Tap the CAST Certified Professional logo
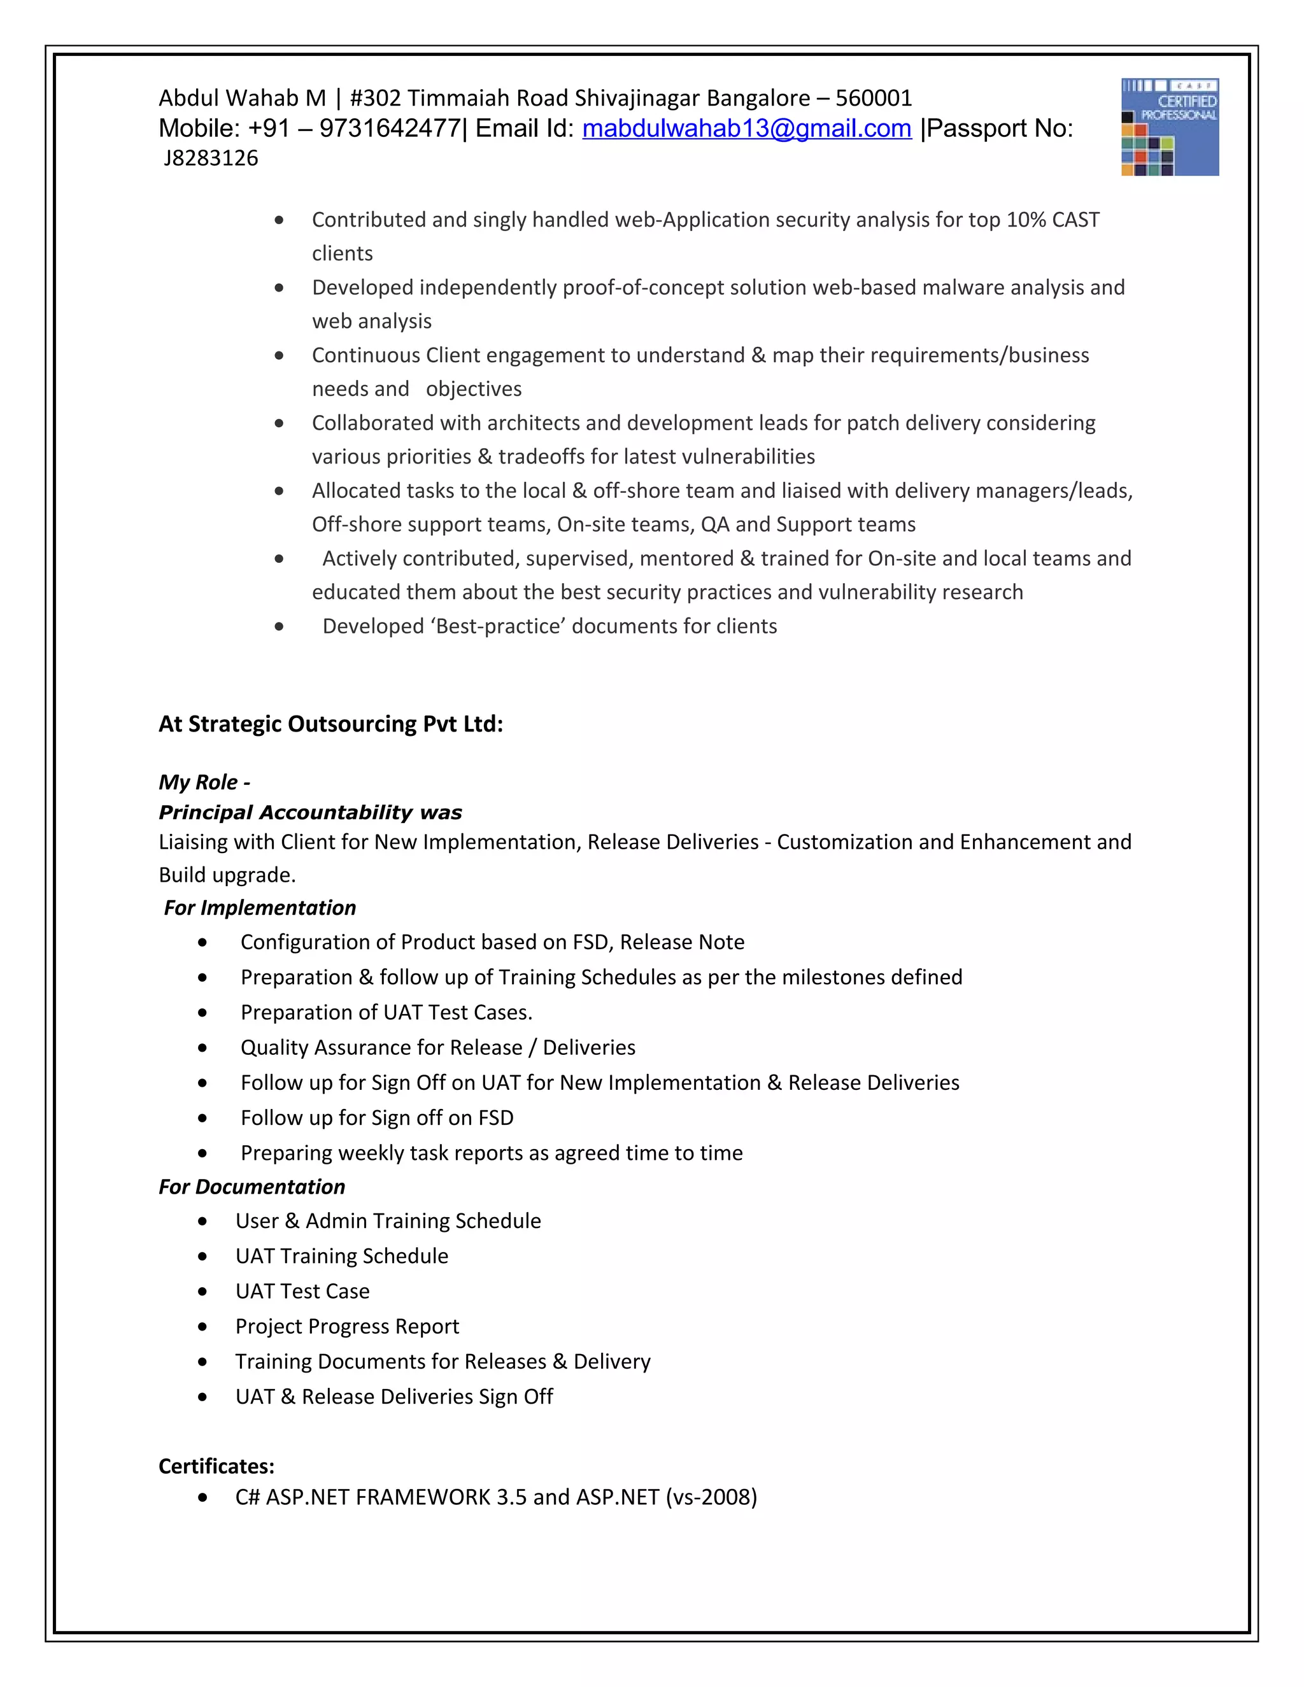click(1170, 127)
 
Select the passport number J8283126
click(211, 159)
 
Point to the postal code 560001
click(874, 98)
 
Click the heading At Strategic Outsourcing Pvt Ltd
click(330, 724)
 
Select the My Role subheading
click(204, 782)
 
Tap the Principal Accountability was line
click(310, 812)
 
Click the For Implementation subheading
click(260, 908)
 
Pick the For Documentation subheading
click(252, 1187)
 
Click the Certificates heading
click(216, 1466)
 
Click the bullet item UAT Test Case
click(302, 1291)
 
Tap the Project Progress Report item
click(347, 1326)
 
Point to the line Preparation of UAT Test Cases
click(386, 1013)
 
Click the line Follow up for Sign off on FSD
click(377, 1118)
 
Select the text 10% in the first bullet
click(1026, 220)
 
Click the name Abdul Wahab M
click(242, 98)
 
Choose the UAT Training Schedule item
click(341, 1256)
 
